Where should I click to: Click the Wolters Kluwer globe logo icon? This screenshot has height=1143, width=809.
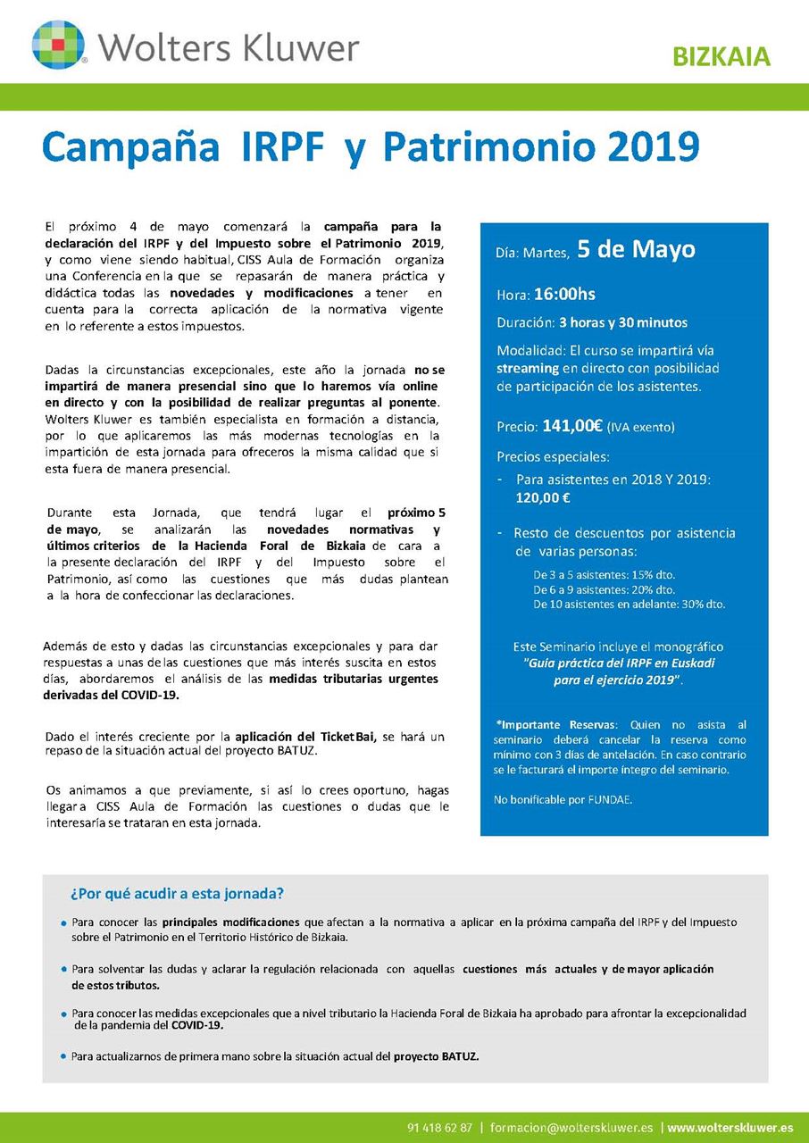(59, 44)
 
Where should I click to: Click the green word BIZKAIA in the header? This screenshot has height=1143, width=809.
(721, 56)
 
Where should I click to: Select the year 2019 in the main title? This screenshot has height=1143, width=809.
(649, 147)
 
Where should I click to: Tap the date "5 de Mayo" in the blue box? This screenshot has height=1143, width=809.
(636, 249)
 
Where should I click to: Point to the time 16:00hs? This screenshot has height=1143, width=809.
(565, 294)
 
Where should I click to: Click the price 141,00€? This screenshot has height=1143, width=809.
(572, 426)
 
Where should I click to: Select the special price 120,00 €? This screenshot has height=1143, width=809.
(543, 498)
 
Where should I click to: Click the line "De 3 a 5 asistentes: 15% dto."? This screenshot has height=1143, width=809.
(604, 575)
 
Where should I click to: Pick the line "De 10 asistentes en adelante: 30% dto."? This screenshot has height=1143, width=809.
(630, 604)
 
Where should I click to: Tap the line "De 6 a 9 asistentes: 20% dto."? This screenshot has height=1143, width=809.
(604, 589)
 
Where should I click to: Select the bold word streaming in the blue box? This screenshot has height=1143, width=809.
(527, 367)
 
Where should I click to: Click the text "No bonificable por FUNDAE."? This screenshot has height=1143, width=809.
(563, 799)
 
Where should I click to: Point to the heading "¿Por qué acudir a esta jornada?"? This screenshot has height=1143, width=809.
(178, 894)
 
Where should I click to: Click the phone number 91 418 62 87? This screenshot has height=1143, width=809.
(439, 1127)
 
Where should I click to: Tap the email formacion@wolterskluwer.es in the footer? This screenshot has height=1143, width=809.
(571, 1127)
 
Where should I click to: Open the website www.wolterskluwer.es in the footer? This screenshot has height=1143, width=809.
(730, 1127)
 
